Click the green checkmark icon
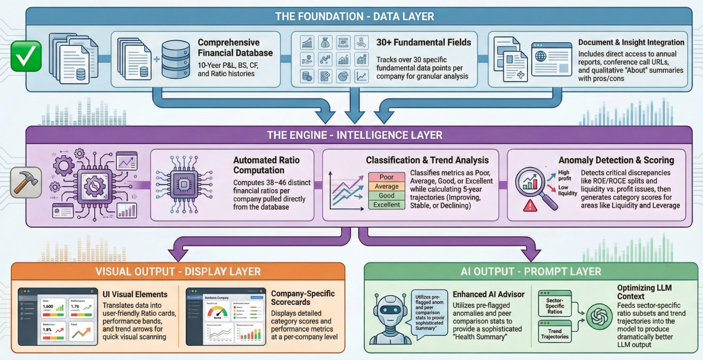pyautogui.click(x=26, y=56)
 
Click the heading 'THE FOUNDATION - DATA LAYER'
pyautogui.click(x=355, y=16)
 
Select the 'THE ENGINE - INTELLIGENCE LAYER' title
pyautogui.click(x=355, y=135)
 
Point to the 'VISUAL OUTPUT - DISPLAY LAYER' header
pyautogui.click(x=178, y=271)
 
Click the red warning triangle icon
pyautogui.click(x=529, y=206)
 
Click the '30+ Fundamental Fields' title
pyautogui.click(x=424, y=42)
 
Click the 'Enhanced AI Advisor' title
pyautogui.click(x=488, y=294)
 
